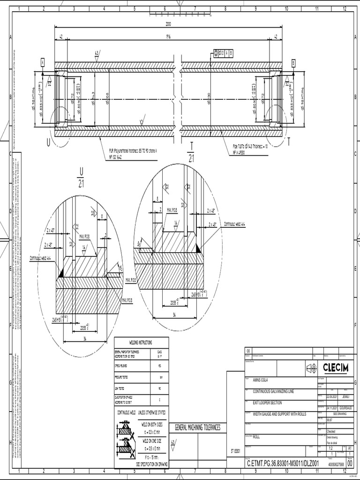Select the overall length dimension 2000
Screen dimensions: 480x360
pyautogui.click(x=168, y=24)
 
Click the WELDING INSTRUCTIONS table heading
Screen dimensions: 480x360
pyautogui.click(x=141, y=343)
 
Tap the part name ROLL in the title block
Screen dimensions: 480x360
pyautogui.click(x=256, y=436)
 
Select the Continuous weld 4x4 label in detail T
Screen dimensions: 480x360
pyautogui.click(x=234, y=224)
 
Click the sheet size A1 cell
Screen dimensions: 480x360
pyautogui.click(x=349, y=448)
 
